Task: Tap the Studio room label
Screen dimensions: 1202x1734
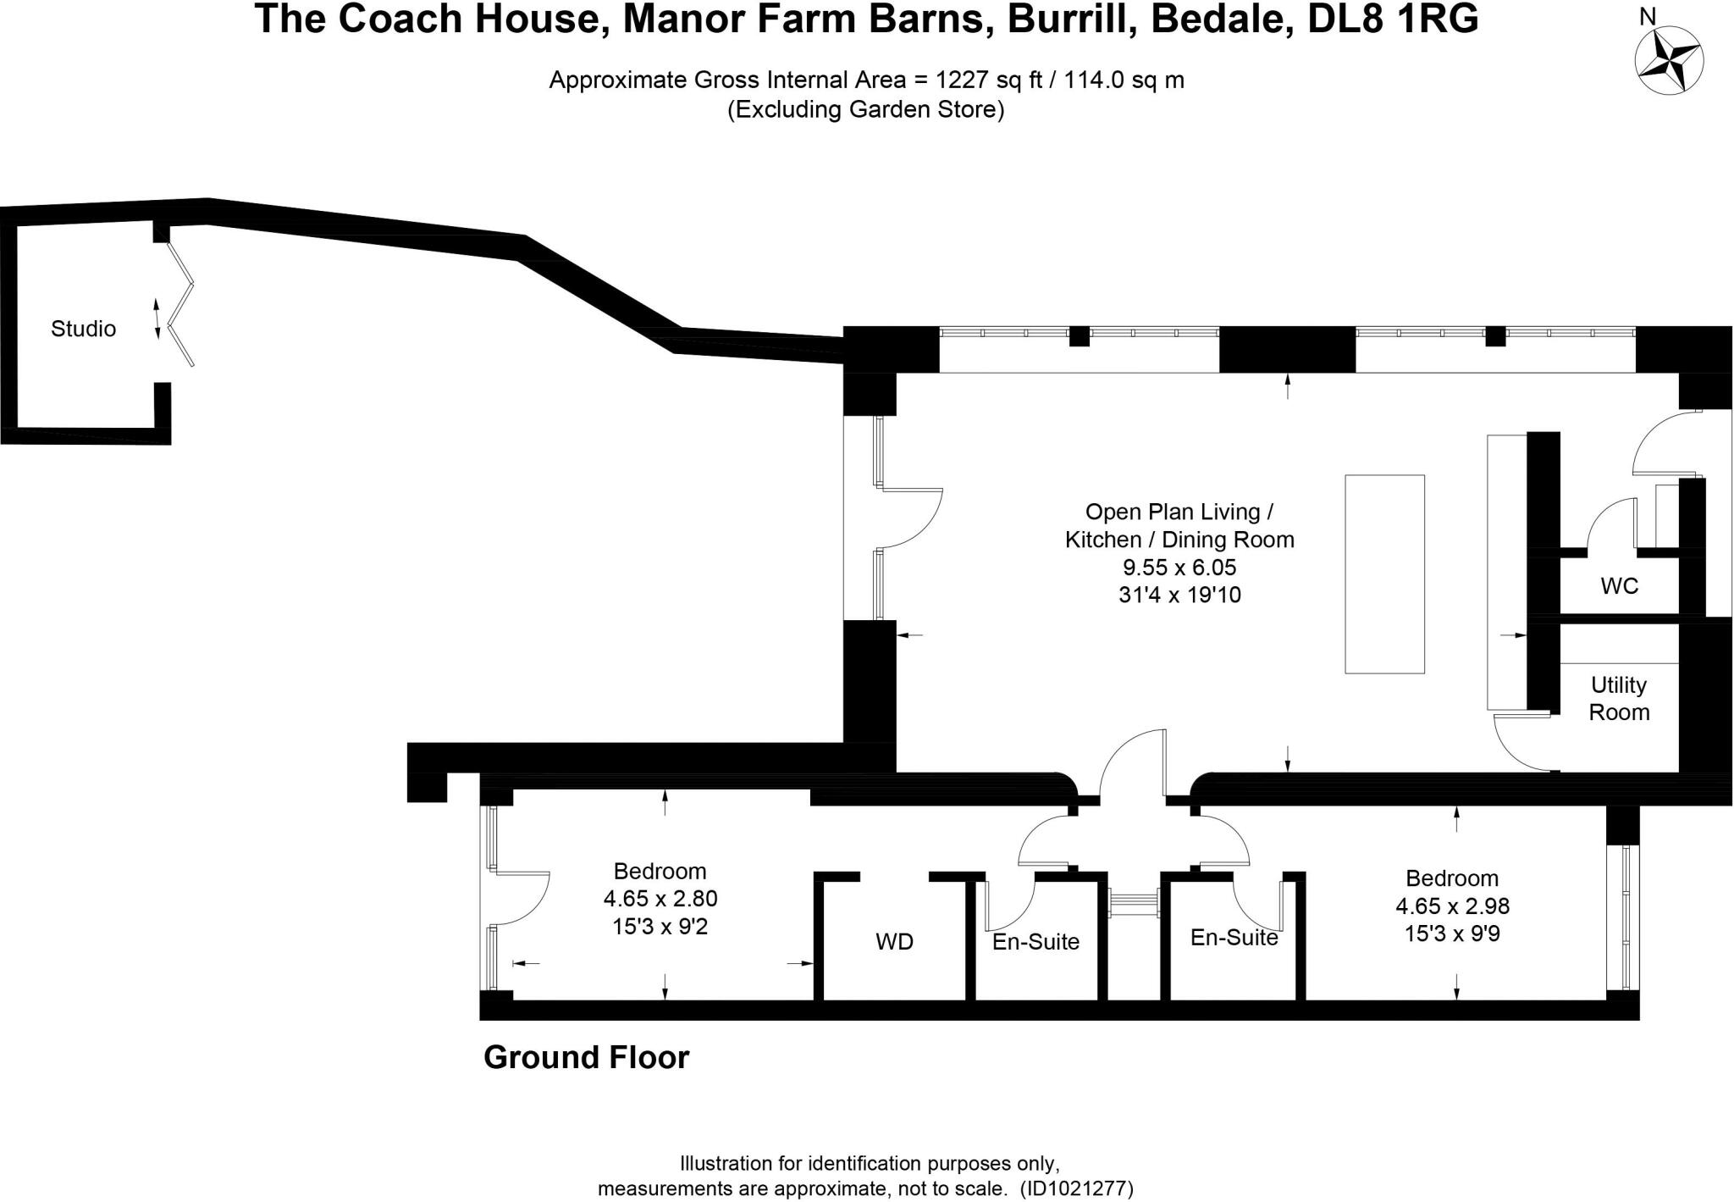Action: point(83,329)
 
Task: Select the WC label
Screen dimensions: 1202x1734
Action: point(1619,586)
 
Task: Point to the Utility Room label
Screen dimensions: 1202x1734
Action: point(1619,699)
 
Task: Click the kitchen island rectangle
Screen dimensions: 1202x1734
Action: point(1384,574)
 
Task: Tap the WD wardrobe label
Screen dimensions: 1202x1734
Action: point(894,942)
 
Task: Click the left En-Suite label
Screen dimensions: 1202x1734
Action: point(1035,942)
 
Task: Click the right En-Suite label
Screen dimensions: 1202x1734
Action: point(1234,938)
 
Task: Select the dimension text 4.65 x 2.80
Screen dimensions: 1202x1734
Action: point(660,899)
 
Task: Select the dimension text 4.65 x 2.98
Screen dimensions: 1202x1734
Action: point(1452,906)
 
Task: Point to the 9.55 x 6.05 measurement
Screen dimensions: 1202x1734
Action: point(1179,568)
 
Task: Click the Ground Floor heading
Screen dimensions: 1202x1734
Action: point(586,1058)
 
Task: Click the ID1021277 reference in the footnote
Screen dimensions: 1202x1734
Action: point(1076,1188)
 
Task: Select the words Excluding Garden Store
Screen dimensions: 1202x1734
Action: point(865,110)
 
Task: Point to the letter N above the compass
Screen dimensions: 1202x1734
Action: point(1648,16)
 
